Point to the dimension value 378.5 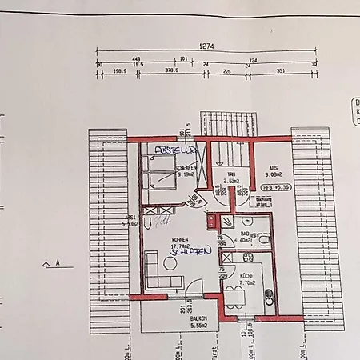click(170, 70)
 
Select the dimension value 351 click(279, 70)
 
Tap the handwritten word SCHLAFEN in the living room click(190, 251)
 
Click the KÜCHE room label click(247, 276)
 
